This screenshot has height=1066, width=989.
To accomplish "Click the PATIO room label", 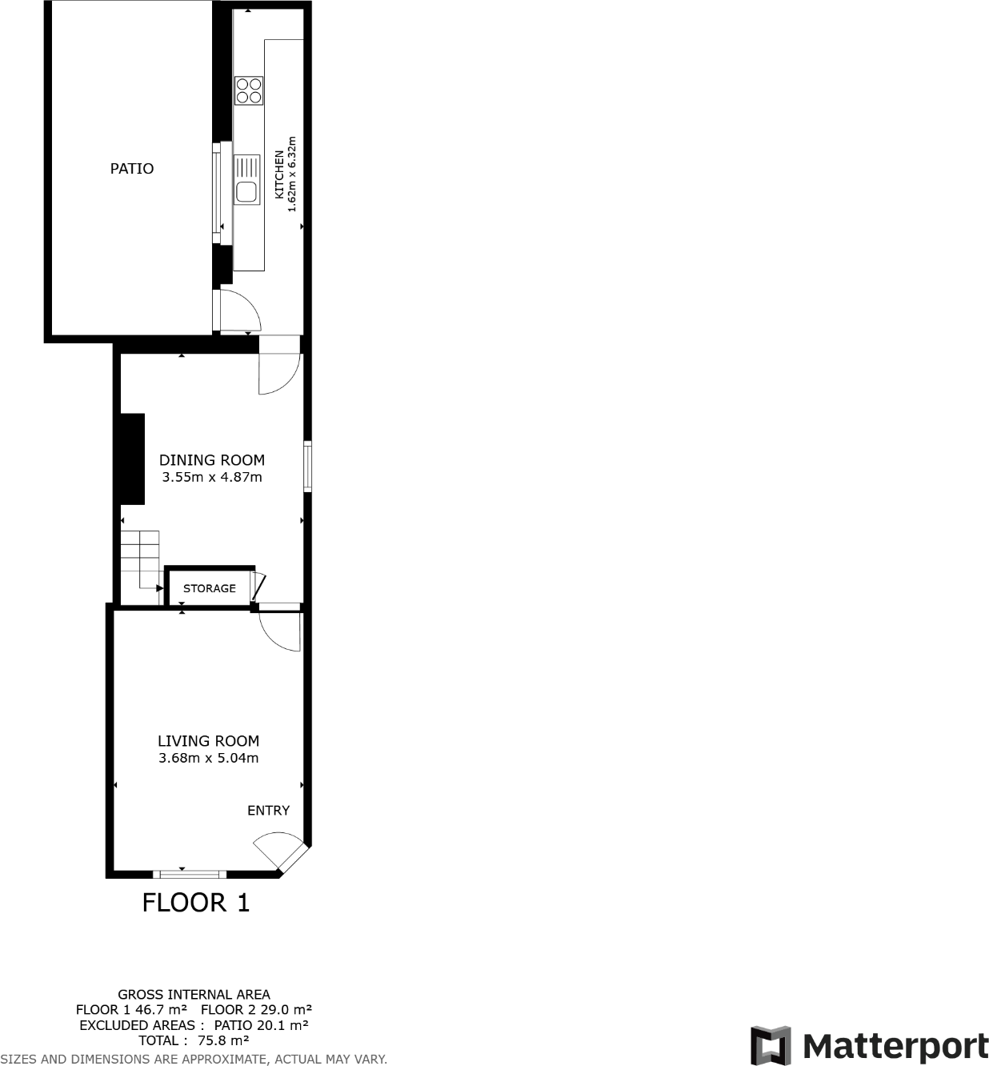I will coord(132,169).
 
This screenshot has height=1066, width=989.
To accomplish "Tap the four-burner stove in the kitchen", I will coord(248,90).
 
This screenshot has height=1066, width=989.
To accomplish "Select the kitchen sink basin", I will coord(246,192).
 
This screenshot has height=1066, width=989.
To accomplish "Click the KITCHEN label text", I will coord(279,174).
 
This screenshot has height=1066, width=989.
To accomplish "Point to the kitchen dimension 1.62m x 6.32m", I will coord(292,174).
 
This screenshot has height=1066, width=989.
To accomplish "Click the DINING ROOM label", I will coord(212,460).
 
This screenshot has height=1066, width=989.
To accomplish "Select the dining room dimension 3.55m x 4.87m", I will coord(212,478).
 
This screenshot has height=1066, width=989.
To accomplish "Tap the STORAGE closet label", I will coord(210,588).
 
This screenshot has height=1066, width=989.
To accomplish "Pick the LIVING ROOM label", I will coord(208,741).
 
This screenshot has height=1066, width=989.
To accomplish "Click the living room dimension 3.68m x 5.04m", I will coord(208,759).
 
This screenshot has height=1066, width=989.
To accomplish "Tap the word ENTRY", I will coord(268,811).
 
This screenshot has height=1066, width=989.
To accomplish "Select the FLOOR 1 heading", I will coord(196,903).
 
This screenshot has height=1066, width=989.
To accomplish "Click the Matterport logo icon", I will coord(771,1045).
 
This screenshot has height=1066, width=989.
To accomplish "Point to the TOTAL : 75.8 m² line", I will coord(194,1040).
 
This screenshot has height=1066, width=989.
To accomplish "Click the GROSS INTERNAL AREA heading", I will coord(194,995).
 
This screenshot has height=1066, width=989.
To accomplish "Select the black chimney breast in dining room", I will coord(132,459).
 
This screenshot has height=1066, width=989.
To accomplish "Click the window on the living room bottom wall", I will coord(190,873).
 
